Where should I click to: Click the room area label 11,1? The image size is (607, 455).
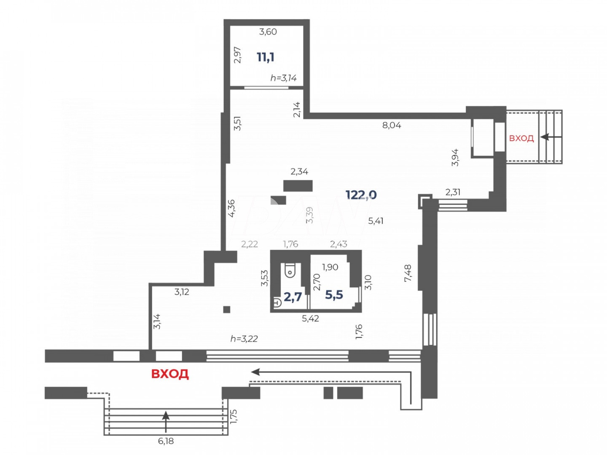(x=265, y=57)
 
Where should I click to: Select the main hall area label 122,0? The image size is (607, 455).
(x=361, y=195)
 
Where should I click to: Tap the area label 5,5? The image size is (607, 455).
(x=334, y=295)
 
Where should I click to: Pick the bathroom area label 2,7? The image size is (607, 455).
(x=293, y=297)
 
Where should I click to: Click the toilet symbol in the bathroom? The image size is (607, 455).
(x=290, y=271)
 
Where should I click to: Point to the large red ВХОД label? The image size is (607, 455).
(x=170, y=374)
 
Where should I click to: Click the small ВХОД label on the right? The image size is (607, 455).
(x=521, y=138)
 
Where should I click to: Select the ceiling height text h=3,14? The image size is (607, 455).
(x=283, y=78)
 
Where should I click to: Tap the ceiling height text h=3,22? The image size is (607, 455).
(x=244, y=339)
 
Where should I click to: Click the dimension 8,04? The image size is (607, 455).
(x=392, y=125)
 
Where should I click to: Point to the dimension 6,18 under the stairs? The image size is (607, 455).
(x=166, y=441)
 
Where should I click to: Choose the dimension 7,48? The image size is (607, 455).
(x=408, y=273)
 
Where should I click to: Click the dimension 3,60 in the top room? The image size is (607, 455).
(x=268, y=32)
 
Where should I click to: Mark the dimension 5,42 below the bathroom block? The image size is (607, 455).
(x=310, y=319)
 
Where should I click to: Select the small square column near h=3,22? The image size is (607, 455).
(x=227, y=309)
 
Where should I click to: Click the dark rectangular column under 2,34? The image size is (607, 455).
(x=298, y=186)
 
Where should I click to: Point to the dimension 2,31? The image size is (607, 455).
(x=453, y=192)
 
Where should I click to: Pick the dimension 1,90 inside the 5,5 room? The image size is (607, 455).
(x=330, y=267)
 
